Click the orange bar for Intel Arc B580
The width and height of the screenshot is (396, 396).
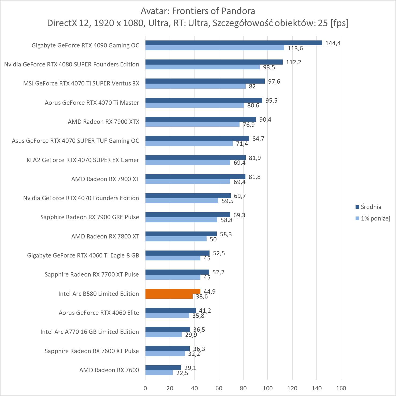pyautogui.click(x=173, y=294)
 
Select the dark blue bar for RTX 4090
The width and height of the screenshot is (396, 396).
pyautogui.click(x=234, y=43)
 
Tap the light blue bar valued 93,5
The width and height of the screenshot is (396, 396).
pyautogui.click(x=203, y=67)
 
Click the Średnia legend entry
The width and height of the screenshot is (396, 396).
pyautogui.click(x=371, y=207)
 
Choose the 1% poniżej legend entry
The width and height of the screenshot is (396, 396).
pyautogui.click(x=375, y=218)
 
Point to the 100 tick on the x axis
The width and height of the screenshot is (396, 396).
pyautogui.click(x=268, y=388)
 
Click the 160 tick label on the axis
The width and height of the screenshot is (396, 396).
pyautogui.click(x=341, y=388)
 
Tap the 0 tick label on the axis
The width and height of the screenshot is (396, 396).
pyautogui.click(x=145, y=388)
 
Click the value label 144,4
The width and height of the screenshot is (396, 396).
pyautogui.click(x=333, y=43)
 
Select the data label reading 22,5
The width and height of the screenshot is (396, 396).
pyautogui.click(x=182, y=373)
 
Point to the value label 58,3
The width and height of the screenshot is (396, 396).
pyautogui.click(x=226, y=234)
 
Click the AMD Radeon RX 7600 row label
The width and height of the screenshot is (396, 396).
pyautogui.click(x=109, y=370)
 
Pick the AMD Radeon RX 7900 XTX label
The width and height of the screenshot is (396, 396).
pyautogui.click(x=103, y=122)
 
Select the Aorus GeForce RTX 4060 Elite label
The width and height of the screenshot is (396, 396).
pyautogui.click(x=99, y=313)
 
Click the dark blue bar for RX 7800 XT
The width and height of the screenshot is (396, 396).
pyautogui.click(x=181, y=234)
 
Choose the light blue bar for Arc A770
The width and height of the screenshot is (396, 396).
pyautogui.click(x=164, y=334)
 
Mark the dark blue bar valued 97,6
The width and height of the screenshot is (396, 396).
pyautogui.click(x=205, y=81)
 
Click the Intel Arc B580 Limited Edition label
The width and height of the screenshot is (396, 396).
pyautogui.click(x=99, y=294)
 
